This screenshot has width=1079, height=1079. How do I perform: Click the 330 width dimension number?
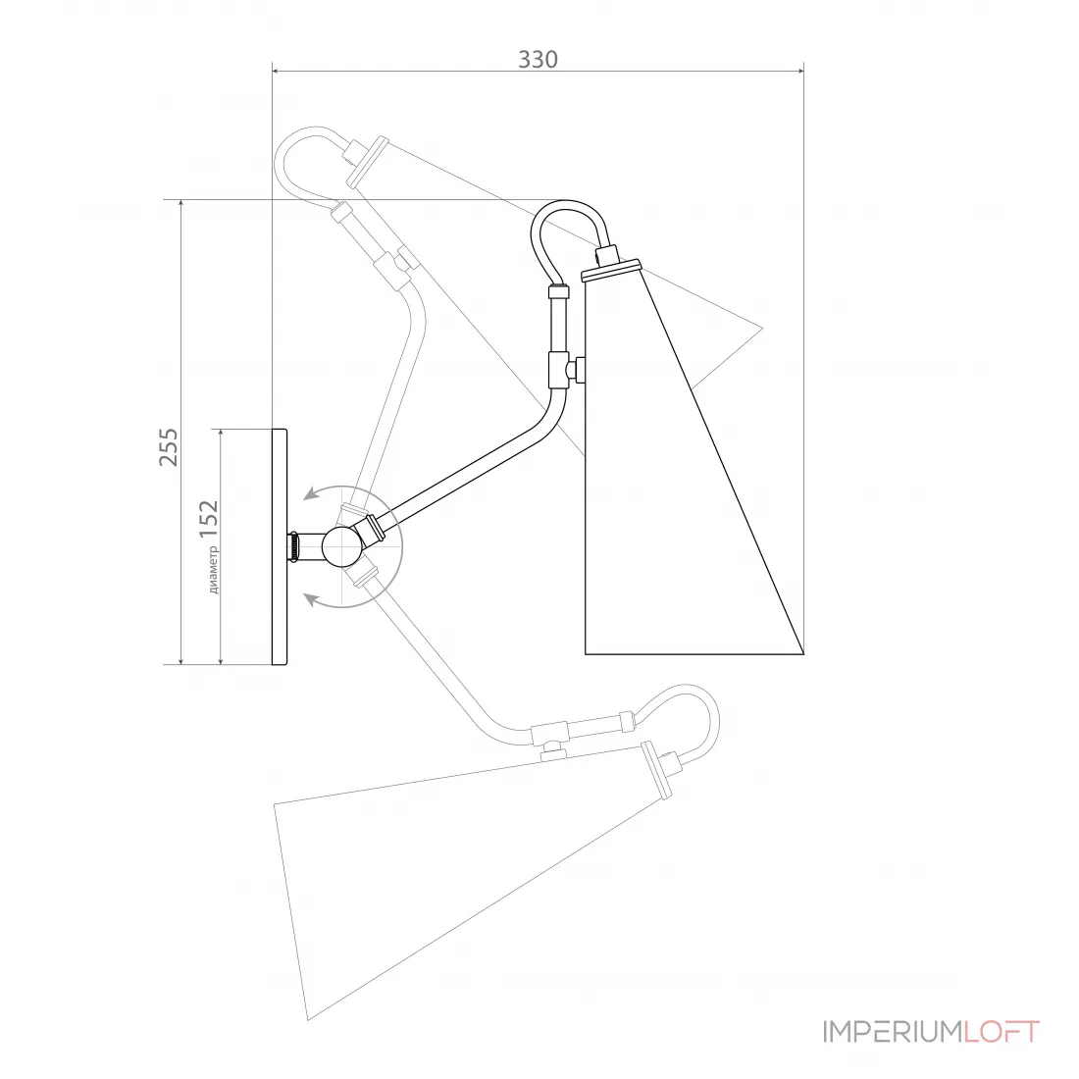(x=538, y=60)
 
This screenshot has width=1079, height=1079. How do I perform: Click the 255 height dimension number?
(x=169, y=447)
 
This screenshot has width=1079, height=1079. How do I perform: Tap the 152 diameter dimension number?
(x=209, y=520)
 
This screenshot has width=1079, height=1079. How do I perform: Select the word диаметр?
(x=213, y=570)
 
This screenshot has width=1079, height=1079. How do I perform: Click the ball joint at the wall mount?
(x=341, y=547)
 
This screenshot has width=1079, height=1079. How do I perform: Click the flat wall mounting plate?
(x=280, y=547)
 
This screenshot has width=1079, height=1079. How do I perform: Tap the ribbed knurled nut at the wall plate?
(x=293, y=547)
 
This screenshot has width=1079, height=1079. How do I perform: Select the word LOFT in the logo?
(x=1002, y=1032)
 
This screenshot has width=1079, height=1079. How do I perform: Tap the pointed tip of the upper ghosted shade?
(x=762, y=329)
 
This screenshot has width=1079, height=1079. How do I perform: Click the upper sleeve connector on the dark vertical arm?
(x=559, y=291)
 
